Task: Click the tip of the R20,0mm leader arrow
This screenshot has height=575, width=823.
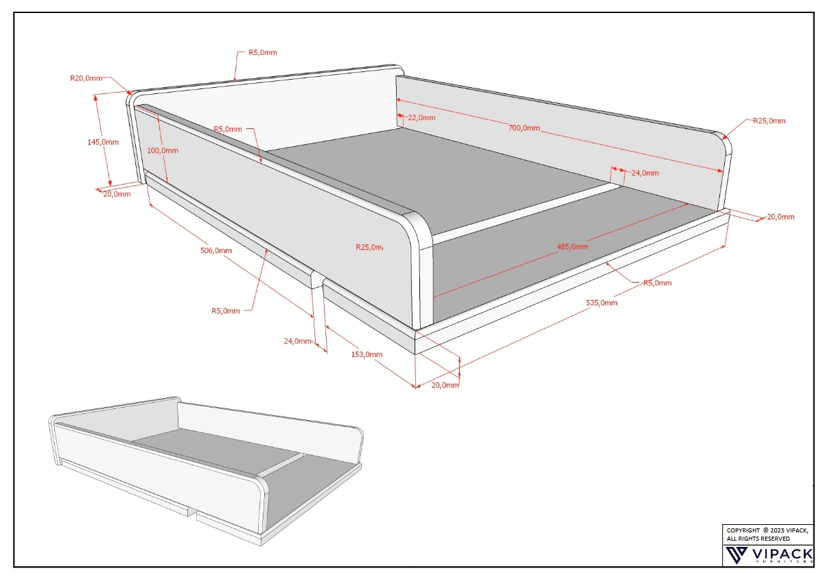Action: [x=131, y=95]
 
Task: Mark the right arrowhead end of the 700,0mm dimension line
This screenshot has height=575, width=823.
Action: [x=723, y=170]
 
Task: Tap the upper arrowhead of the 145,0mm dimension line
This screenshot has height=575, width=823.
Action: [x=95, y=95]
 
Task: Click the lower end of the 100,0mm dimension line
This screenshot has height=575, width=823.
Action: [x=167, y=182]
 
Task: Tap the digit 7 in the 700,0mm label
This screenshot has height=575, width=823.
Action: [x=511, y=128]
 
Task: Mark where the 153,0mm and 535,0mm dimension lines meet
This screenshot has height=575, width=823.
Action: [x=416, y=388]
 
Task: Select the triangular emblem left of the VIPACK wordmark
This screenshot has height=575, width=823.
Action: [x=736, y=554]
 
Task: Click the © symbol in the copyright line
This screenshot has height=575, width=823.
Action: [x=765, y=530]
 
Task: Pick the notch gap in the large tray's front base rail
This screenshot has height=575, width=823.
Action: [x=318, y=281]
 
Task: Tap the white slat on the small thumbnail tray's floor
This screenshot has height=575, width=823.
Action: [x=282, y=465]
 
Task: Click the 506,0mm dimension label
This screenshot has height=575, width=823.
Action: [x=216, y=250]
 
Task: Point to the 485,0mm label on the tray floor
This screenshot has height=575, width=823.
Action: [x=572, y=246]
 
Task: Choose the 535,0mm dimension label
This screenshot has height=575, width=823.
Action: [x=601, y=303]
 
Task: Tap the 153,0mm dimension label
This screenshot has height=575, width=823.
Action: [x=367, y=355]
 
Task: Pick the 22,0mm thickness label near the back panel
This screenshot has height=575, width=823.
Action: [x=421, y=117]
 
